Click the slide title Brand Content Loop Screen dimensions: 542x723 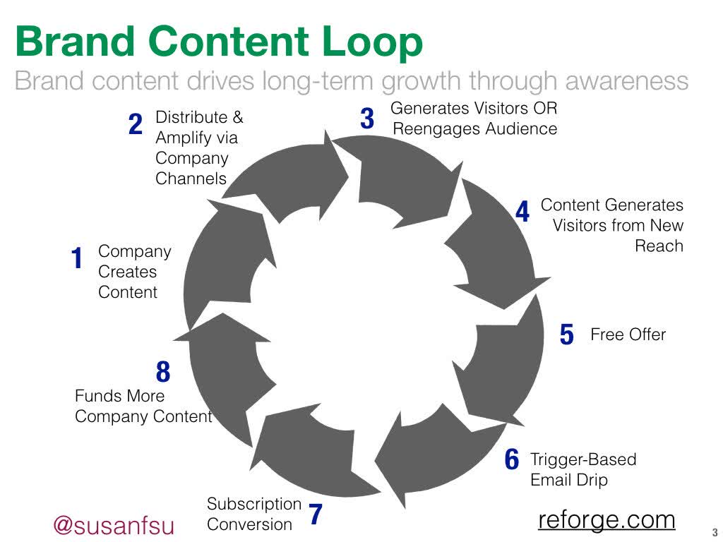[x=219, y=42]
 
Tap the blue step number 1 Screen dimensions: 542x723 [x=77, y=259]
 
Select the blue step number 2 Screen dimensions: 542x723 [x=135, y=126]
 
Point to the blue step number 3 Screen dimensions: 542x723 [x=366, y=119]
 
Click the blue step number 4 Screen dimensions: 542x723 [x=522, y=212]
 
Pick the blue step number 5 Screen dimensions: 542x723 [x=566, y=335]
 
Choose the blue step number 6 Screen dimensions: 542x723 [x=512, y=460]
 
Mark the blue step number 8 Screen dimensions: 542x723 [x=163, y=372]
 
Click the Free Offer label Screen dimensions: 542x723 [x=628, y=335]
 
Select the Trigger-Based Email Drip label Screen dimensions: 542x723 [x=582, y=470]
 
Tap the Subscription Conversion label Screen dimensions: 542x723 [x=253, y=514]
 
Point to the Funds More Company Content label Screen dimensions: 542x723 [x=143, y=406]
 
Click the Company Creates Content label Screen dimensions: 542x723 [x=134, y=272]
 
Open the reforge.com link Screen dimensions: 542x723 [x=607, y=520]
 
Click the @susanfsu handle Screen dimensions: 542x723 [x=114, y=526]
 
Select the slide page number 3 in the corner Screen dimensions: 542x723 [x=715, y=533]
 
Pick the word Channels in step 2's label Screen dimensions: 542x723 [x=191, y=179]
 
